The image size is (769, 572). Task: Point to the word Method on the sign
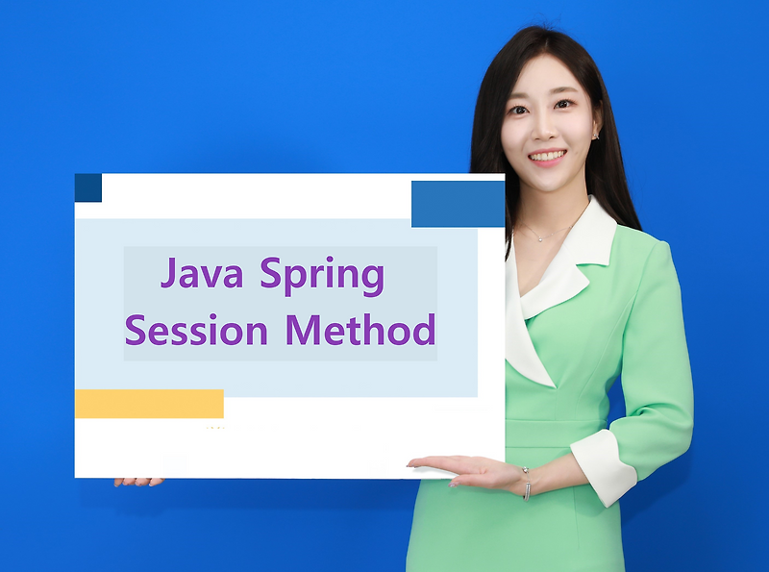(360, 330)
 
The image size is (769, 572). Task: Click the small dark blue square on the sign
(87, 187)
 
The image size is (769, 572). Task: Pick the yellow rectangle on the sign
(149, 404)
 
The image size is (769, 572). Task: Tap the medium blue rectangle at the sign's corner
(458, 204)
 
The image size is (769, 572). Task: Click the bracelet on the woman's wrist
(526, 483)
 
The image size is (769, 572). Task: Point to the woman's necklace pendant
(541, 237)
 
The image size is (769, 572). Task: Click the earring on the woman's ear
(595, 136)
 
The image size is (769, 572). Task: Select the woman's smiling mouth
(547, 156)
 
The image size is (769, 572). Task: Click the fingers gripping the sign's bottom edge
(139, 481)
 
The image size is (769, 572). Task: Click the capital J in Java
(170, 275)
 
